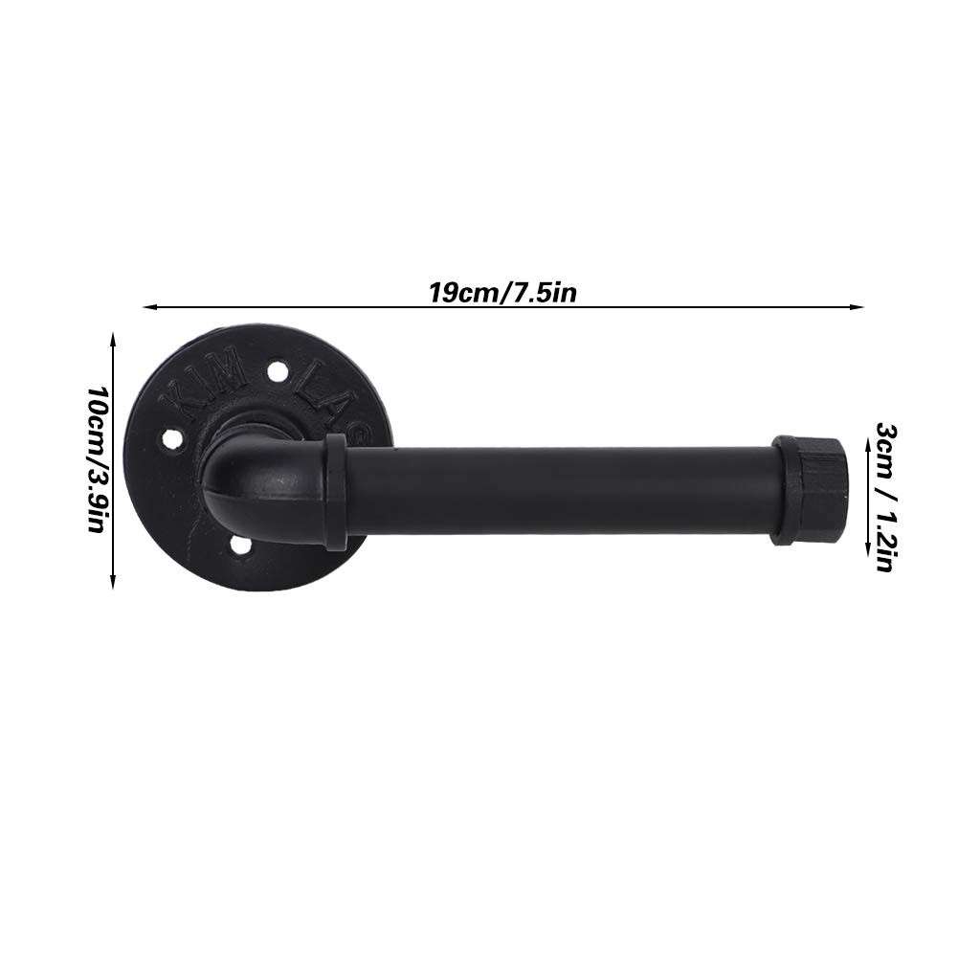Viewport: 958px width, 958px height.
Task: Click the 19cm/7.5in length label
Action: [x=502, y=291]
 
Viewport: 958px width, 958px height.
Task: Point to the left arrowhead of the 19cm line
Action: [x=147, y=306]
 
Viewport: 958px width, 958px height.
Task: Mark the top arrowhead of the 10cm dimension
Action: [x=114, y=336]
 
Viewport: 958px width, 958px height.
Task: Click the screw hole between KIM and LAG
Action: [x=277, y=369]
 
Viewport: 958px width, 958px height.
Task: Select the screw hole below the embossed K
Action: [x=172, y=439]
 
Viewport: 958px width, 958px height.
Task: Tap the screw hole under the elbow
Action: [x=239, y=546]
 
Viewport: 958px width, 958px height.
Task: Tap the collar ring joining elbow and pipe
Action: [x=336, y=491]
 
